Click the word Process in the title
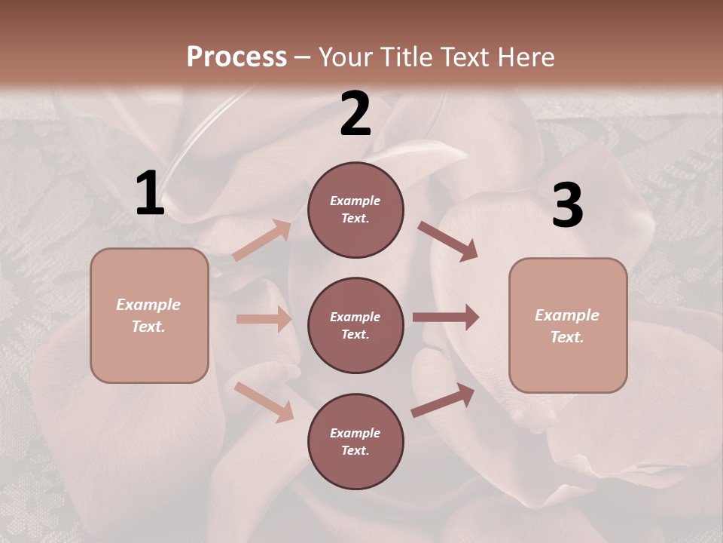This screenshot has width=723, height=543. click(236, 57)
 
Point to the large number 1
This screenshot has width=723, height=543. click(150, 194)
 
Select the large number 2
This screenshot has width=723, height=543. click(355, 114)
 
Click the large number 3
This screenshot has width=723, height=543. click(568, 205)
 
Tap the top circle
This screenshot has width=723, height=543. click(355, 210)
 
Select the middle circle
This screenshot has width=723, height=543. click(355, 325)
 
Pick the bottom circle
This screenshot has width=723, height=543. click(355, 441)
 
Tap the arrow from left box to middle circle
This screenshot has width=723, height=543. click(264, 319)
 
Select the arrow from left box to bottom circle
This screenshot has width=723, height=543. click(264, 401)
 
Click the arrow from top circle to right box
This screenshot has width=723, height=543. click(447, 241)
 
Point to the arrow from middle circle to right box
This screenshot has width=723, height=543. click(445, 317)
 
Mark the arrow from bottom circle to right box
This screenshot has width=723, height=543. click(443, 400)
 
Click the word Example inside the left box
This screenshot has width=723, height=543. click(148, 305)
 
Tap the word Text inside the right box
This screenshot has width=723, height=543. click(566, 337)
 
